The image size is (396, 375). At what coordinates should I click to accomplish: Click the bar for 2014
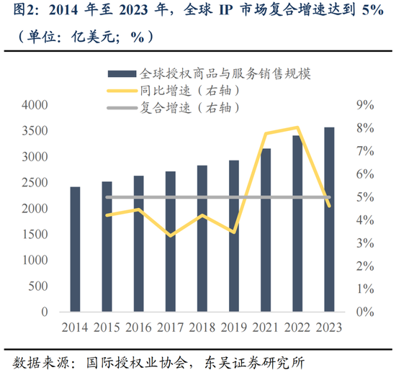(x=75, y=249)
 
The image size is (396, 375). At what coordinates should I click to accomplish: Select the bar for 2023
(x=329, y=220)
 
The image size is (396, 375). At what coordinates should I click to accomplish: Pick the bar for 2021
(x=266, y=230)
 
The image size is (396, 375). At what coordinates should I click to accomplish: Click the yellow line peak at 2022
(x=297, y=127)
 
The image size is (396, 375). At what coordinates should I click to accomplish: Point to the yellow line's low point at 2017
(x=170, y=235)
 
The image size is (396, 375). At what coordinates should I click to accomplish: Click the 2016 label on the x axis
(x=138, y=327)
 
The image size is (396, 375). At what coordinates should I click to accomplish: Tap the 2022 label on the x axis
(x=297, y=327)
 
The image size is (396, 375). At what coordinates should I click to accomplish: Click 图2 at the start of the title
(x=16, y=11)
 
